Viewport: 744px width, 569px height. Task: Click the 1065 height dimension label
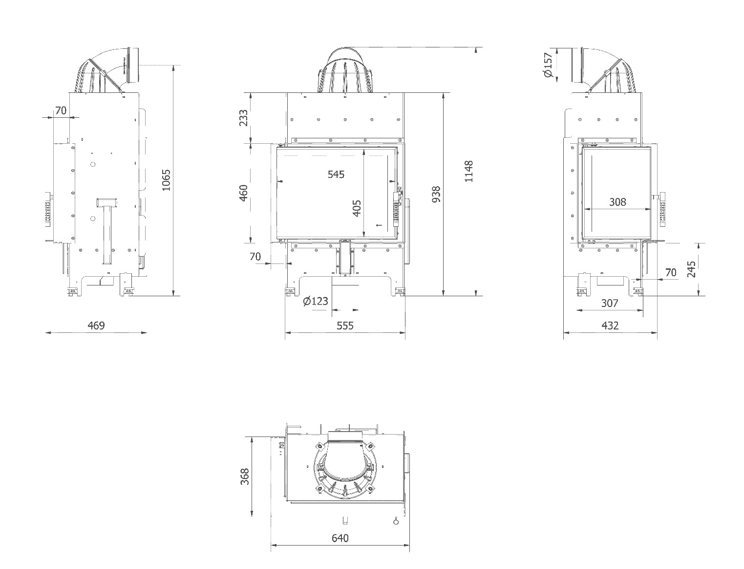(167, 180)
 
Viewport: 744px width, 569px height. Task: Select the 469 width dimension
(96, 325)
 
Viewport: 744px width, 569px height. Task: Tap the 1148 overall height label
(469, 171)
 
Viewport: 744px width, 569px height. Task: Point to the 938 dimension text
(437, 194)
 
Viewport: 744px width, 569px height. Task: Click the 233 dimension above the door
(244, 118)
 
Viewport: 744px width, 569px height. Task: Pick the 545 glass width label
(336, 174)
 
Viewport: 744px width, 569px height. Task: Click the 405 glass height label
(357, 208)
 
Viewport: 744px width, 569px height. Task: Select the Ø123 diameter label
(316, 301)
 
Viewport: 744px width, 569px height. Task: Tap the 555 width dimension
(345, 325)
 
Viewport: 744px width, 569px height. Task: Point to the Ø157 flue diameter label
(548, 65)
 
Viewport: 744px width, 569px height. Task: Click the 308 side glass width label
(617, 201)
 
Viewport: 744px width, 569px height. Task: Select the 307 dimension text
(610, 303)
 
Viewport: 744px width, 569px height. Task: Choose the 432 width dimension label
(610, 325)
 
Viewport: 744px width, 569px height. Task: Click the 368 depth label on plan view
(245, 477)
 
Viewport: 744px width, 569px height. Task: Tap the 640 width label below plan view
(340, 538)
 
